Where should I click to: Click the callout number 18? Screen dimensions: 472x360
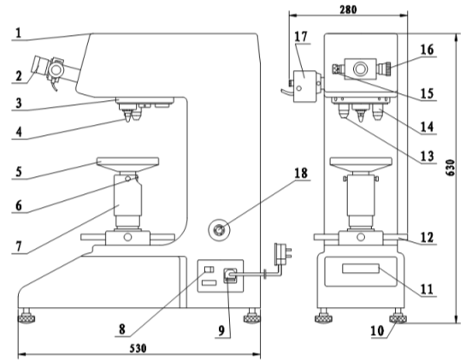click(x=301, y=173)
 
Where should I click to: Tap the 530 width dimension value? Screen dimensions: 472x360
click(x=139, y=348)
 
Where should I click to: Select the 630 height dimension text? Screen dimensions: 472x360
click(x=451, y=168)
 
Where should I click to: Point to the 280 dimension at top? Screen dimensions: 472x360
click(x=348, y=9)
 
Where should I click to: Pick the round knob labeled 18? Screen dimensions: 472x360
click(x=220, y=230)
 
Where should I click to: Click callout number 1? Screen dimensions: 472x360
click(x=18, y=33)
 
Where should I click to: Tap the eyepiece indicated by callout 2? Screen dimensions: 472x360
click(x=39, y=65)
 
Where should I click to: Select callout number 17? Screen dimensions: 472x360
click(x=301, y=37)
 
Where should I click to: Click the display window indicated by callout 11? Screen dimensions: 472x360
click(x=360, y=269)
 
